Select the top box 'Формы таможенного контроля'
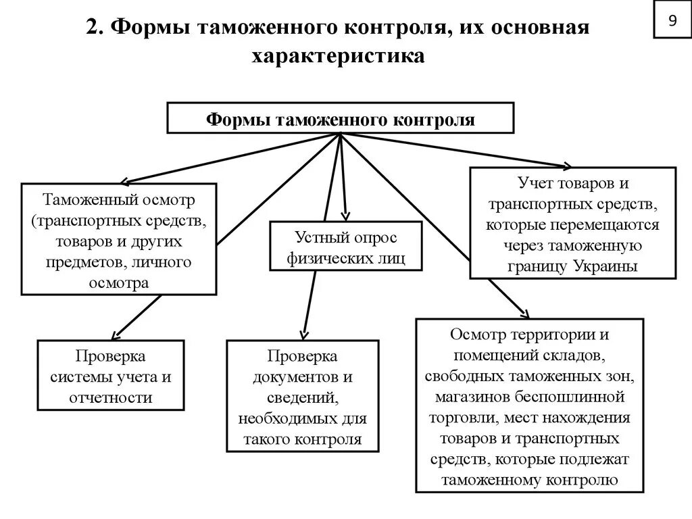point(341,119)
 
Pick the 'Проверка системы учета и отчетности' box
point(111,376)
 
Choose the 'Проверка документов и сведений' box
point(302,397)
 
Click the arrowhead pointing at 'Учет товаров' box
point(568,166)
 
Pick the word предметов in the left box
point(73,262)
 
